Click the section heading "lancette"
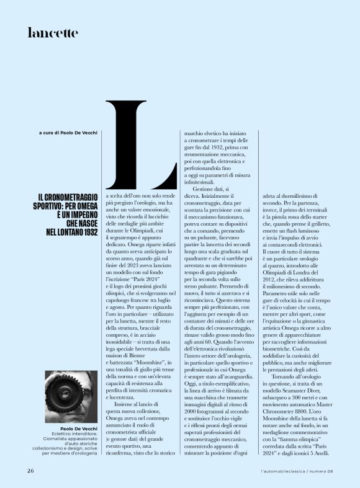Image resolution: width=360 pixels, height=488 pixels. [x=53, y=32]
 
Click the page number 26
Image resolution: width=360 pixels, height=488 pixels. [x=30, y=470]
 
